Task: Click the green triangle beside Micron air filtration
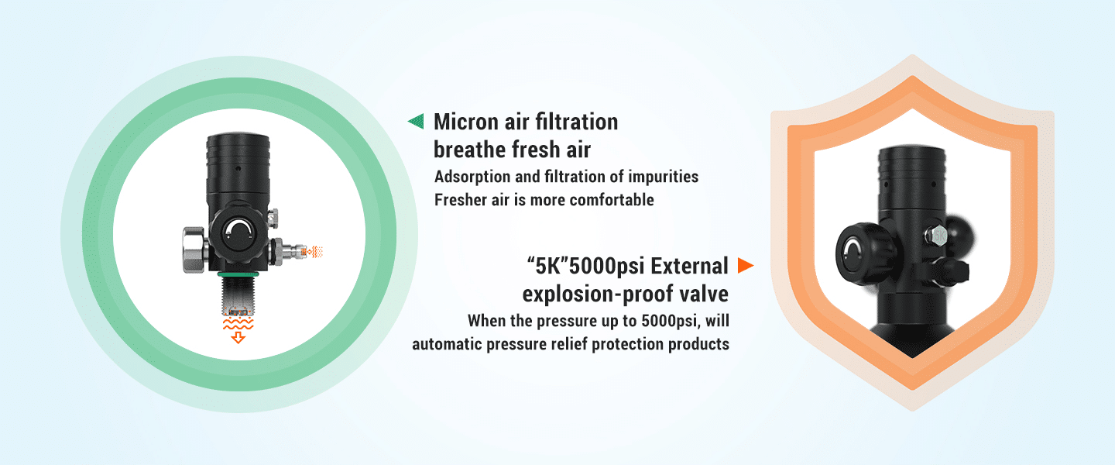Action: coord(417,121)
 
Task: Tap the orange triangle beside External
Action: coord(745,266)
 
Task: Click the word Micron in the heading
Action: coord(466,122)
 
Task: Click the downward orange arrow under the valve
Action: coord(238,339)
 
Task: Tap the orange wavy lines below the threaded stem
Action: coord(238,325)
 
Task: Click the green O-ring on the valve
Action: coord(238,274)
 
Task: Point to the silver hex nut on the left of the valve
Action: coord(194,250)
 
